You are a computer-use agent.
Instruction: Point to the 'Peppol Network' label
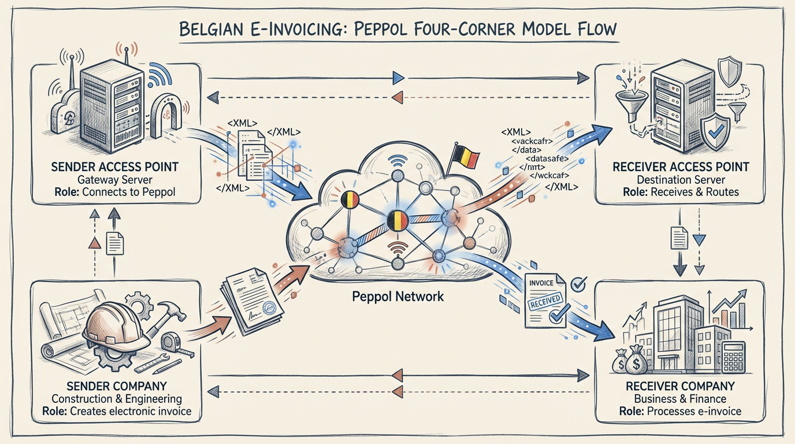click(398, 297)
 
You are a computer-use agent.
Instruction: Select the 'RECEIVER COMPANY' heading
click(680, 386)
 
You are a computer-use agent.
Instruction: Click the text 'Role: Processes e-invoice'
click(680, 412)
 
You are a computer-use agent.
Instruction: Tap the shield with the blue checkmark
click(714, 130)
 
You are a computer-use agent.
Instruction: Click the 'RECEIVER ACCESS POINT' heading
click(680, 167)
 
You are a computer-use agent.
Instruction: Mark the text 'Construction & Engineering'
click(117, 399)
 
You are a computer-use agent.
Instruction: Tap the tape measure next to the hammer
click(172, 342)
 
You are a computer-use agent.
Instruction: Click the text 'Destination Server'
click(680, 179)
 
